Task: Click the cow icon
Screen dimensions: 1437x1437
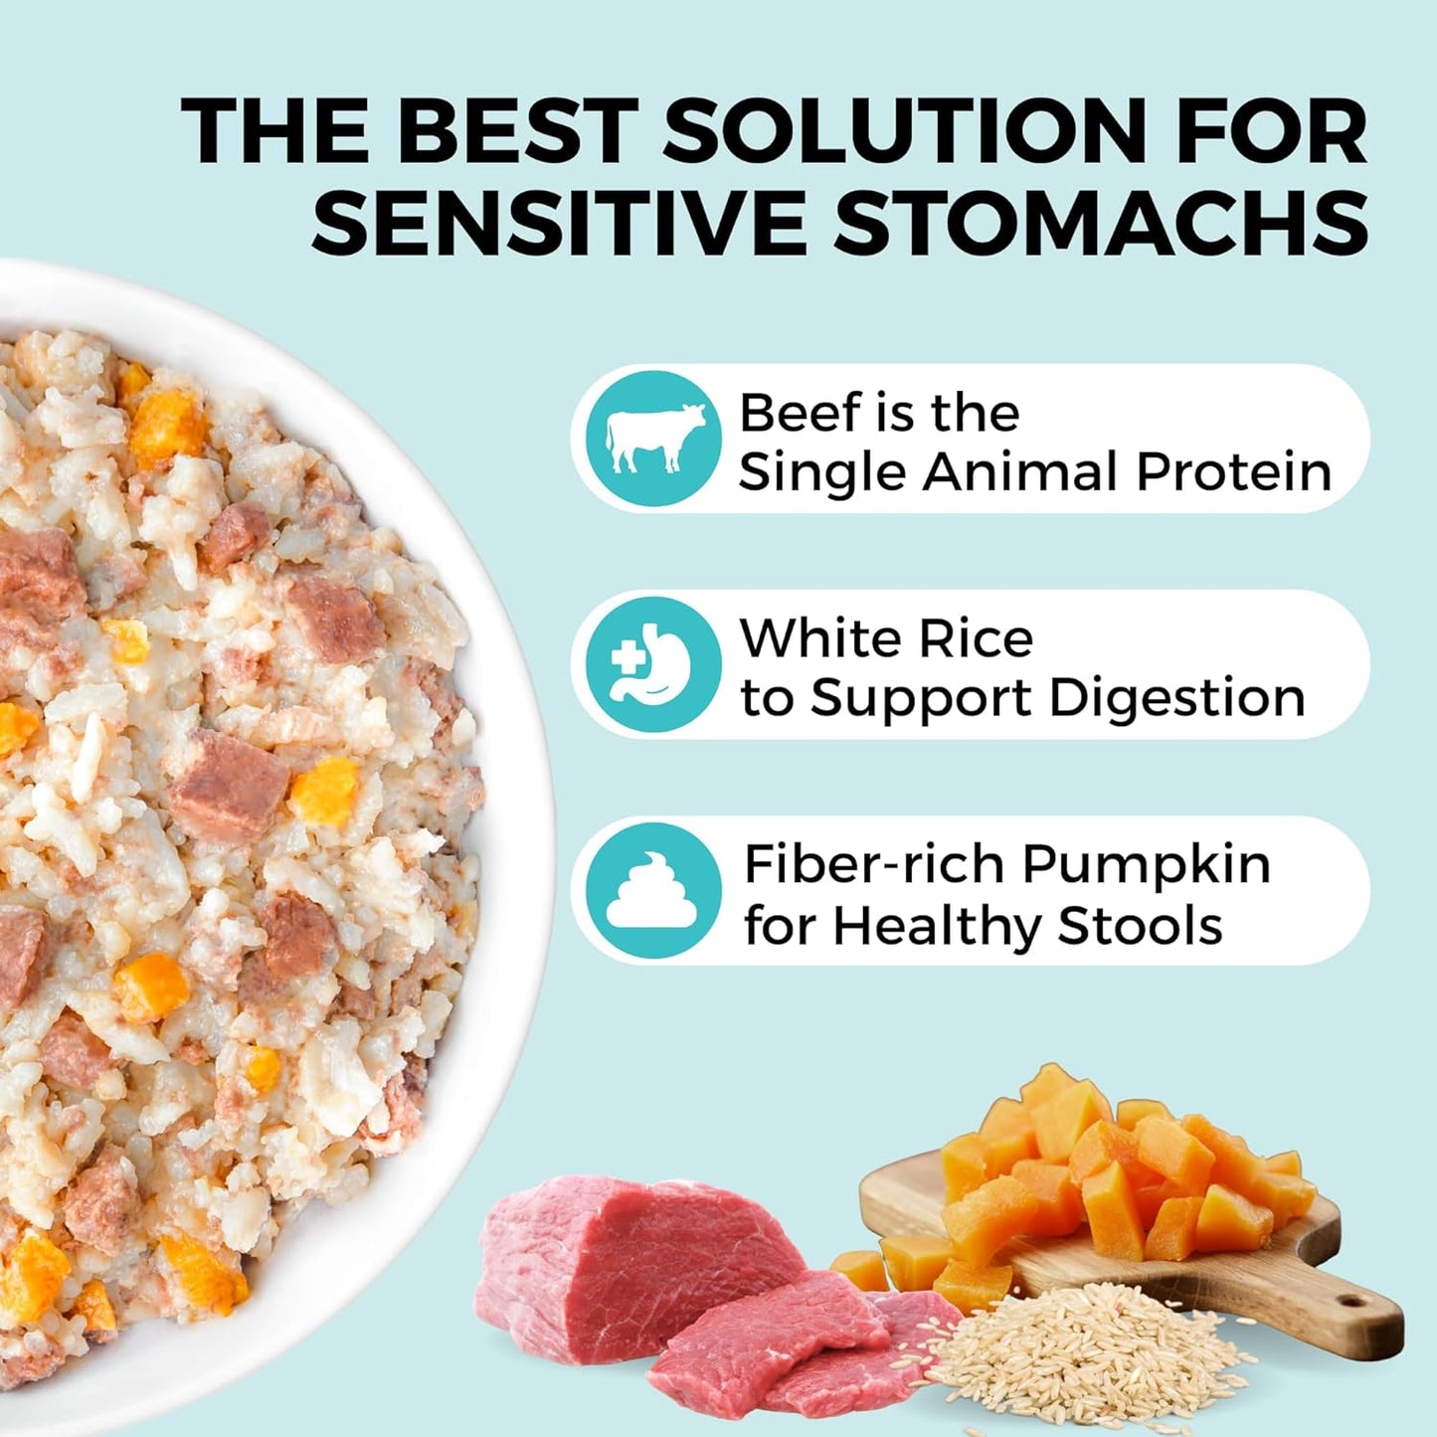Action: (x=653, y=439)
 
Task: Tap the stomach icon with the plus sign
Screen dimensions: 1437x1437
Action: (x=653, y=664)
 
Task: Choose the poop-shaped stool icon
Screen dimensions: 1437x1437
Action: (x=653, y=891)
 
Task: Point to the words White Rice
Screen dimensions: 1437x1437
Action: (x=886, y=638)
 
